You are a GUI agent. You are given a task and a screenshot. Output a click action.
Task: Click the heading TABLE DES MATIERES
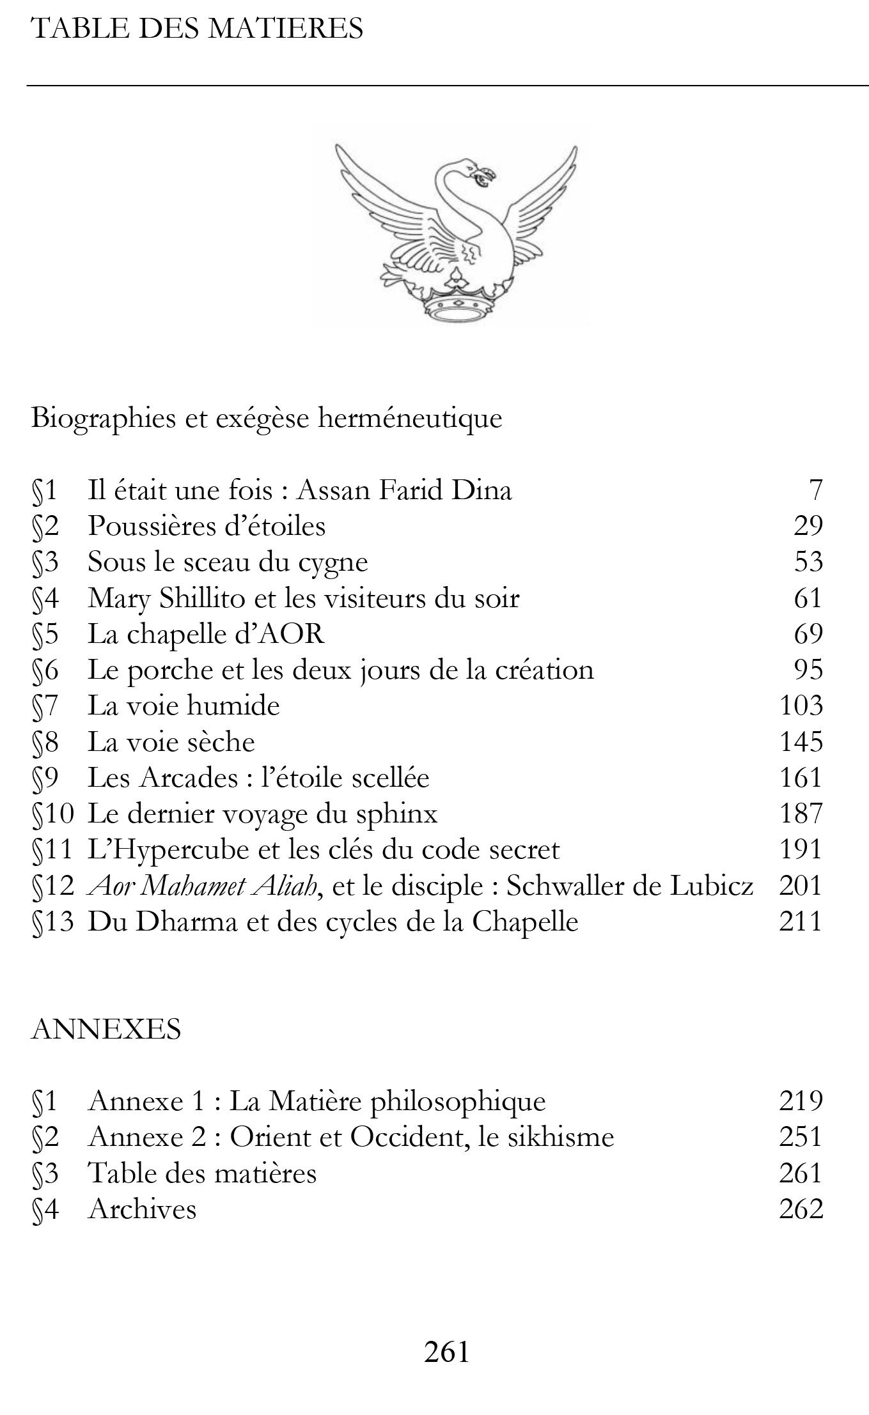[197, 29]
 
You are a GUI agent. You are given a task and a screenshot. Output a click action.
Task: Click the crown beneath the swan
[456, 305]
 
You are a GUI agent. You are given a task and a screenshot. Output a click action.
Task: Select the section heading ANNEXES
[106, 1030]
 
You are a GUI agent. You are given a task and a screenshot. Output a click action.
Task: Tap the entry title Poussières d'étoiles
[207, 526]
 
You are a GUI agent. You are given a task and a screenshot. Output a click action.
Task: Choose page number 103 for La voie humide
[801, 706]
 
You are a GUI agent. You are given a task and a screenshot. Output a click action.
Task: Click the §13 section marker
[53, 922]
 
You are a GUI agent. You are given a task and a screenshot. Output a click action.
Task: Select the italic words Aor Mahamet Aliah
[202, 886]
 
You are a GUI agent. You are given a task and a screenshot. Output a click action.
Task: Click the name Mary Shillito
[166, 598]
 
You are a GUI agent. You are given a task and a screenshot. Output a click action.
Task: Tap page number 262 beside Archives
[801, 1209]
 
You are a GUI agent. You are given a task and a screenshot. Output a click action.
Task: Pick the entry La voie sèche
[171, 742]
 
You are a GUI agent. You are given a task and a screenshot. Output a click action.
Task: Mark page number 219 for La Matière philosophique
[801, 1101]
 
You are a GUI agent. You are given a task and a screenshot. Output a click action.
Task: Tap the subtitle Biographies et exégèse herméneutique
[266, 419]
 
